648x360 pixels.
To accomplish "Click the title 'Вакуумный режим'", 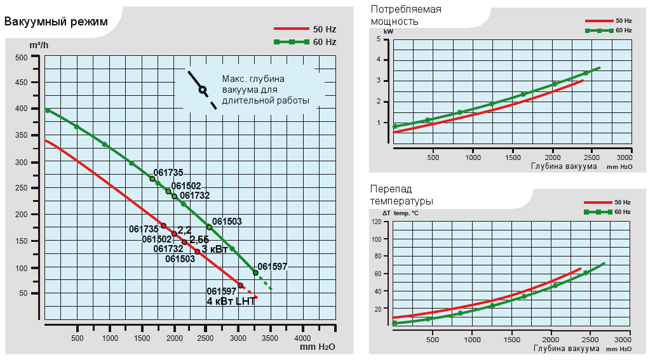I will point(56,22).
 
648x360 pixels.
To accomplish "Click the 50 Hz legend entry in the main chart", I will point(305,29).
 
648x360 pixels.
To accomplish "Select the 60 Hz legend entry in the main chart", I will point(305,42).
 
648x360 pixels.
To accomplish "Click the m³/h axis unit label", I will point(39,46).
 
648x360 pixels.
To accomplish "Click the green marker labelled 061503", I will point(209,227).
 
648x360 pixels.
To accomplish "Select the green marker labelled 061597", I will point(255,272).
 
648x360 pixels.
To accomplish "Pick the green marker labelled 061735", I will point(152,179).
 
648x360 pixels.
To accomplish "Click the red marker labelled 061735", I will point(163,225).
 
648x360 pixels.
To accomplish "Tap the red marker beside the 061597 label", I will point(240,286).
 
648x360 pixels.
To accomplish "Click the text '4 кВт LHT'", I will point(231,301).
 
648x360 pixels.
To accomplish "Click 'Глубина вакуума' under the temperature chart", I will point(566,349).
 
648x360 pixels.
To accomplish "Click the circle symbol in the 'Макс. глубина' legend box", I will point(202,90).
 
